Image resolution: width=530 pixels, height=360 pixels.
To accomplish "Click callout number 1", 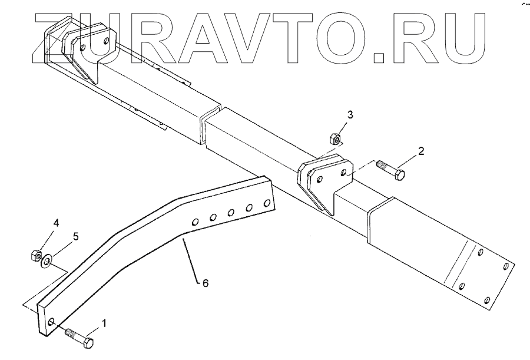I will point(104,323).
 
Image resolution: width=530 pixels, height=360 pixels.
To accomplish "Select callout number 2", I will point(421,151).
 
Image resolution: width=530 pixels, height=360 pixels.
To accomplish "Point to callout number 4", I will point(56,223).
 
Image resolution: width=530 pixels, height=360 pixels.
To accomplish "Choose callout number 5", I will point(75,236).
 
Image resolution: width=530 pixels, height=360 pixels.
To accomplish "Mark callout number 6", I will point(205,283).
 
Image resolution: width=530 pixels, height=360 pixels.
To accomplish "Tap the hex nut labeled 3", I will point(333,139).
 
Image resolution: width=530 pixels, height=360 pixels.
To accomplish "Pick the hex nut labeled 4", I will point(34,255).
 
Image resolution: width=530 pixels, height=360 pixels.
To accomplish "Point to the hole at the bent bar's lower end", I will point(52,322).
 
